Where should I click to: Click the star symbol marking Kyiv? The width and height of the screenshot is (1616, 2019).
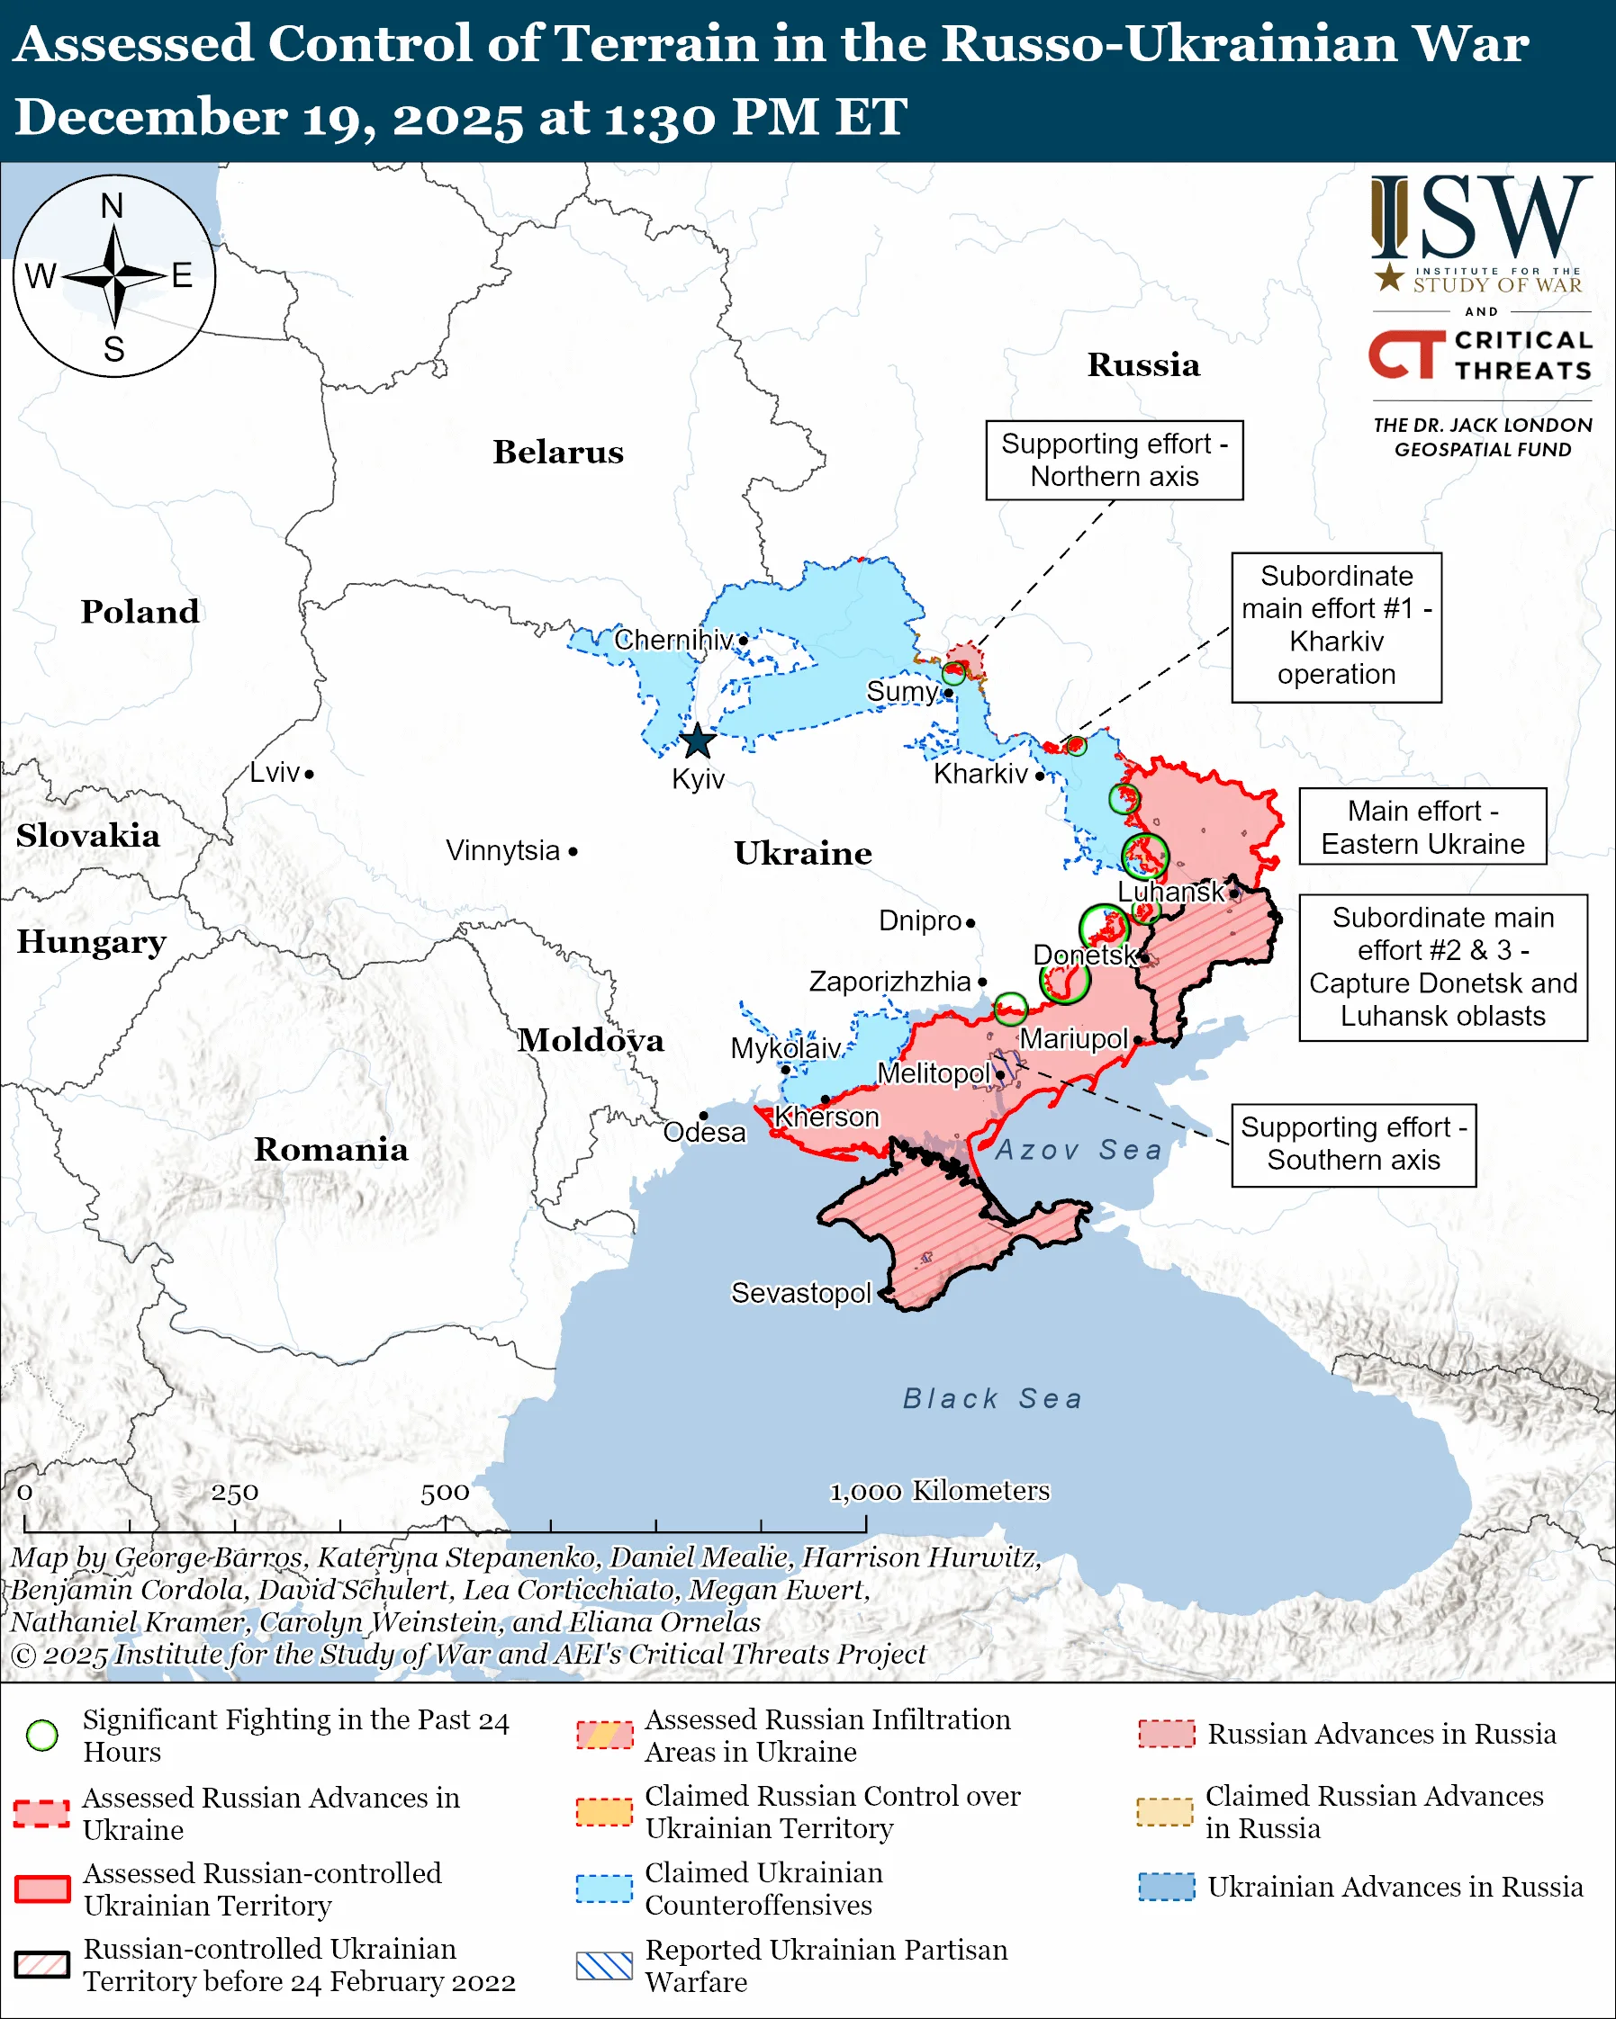697,741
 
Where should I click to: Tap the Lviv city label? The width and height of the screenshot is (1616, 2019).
275,773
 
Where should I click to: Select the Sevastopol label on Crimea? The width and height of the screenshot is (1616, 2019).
801,1292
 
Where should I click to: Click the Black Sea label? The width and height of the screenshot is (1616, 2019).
992,1398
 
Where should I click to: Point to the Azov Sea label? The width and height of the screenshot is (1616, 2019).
1079,1149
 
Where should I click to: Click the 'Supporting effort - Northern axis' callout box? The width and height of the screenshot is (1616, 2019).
1114,460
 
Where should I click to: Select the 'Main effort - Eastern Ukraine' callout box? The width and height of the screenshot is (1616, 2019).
1422,826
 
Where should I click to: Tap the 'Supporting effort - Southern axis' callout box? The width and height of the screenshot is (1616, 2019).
1353,1144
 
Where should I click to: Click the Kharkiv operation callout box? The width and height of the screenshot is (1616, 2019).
1336,626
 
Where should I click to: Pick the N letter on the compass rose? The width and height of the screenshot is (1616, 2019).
113,206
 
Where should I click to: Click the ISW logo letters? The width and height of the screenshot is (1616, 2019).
1480,219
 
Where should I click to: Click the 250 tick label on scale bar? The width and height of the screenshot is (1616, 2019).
234,1493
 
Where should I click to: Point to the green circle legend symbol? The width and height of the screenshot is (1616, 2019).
42,1736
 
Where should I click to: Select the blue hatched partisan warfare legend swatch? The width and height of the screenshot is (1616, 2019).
604,1966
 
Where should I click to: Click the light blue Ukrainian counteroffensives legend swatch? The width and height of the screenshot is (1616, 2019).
604,1889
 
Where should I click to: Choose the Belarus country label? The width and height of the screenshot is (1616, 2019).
558,453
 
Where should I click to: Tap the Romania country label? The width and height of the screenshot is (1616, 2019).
330,1149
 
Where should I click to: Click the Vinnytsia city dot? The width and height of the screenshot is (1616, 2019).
573,851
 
